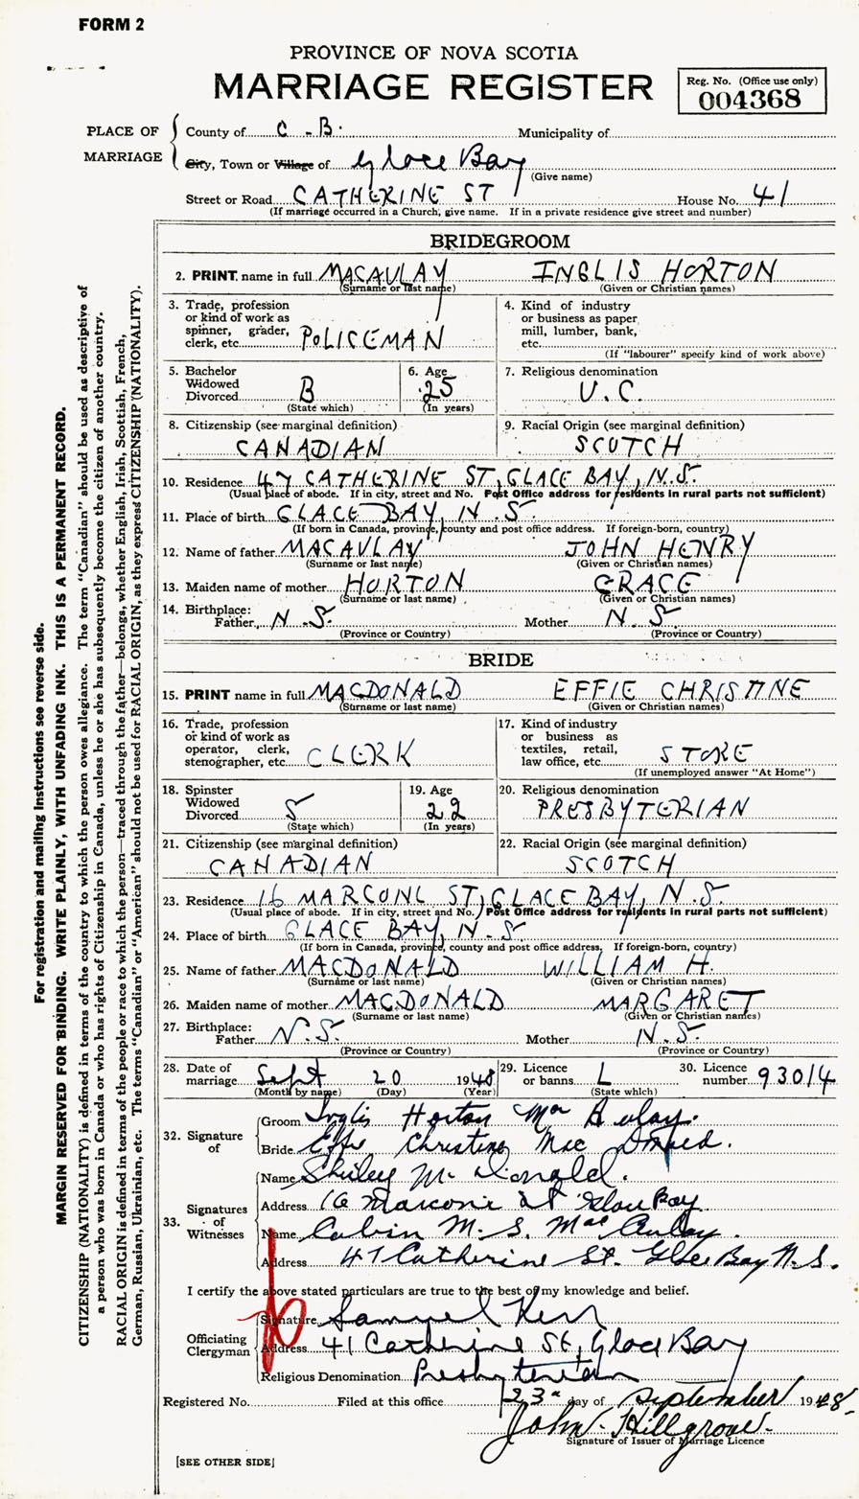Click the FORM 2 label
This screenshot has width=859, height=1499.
111,25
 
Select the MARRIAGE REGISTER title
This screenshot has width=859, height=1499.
433,87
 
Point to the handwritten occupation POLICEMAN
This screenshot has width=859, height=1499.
374,336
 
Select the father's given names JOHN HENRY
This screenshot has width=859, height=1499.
660,548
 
